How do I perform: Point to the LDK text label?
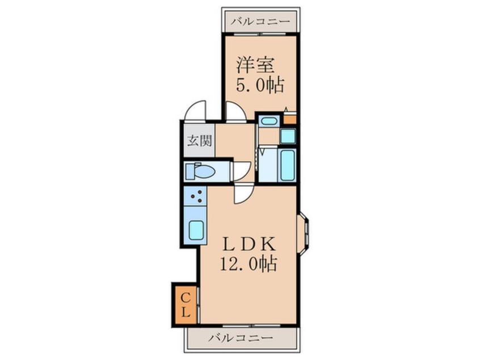coord(249,245)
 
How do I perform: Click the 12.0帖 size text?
coord(249,264)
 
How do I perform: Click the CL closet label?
coord(186,304)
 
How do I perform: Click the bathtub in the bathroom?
coord(288,165)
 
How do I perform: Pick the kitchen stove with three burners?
coord(197,199)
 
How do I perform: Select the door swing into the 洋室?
coord(234,110)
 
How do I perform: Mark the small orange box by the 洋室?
coord(289,119)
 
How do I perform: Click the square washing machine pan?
coord(288,136)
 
